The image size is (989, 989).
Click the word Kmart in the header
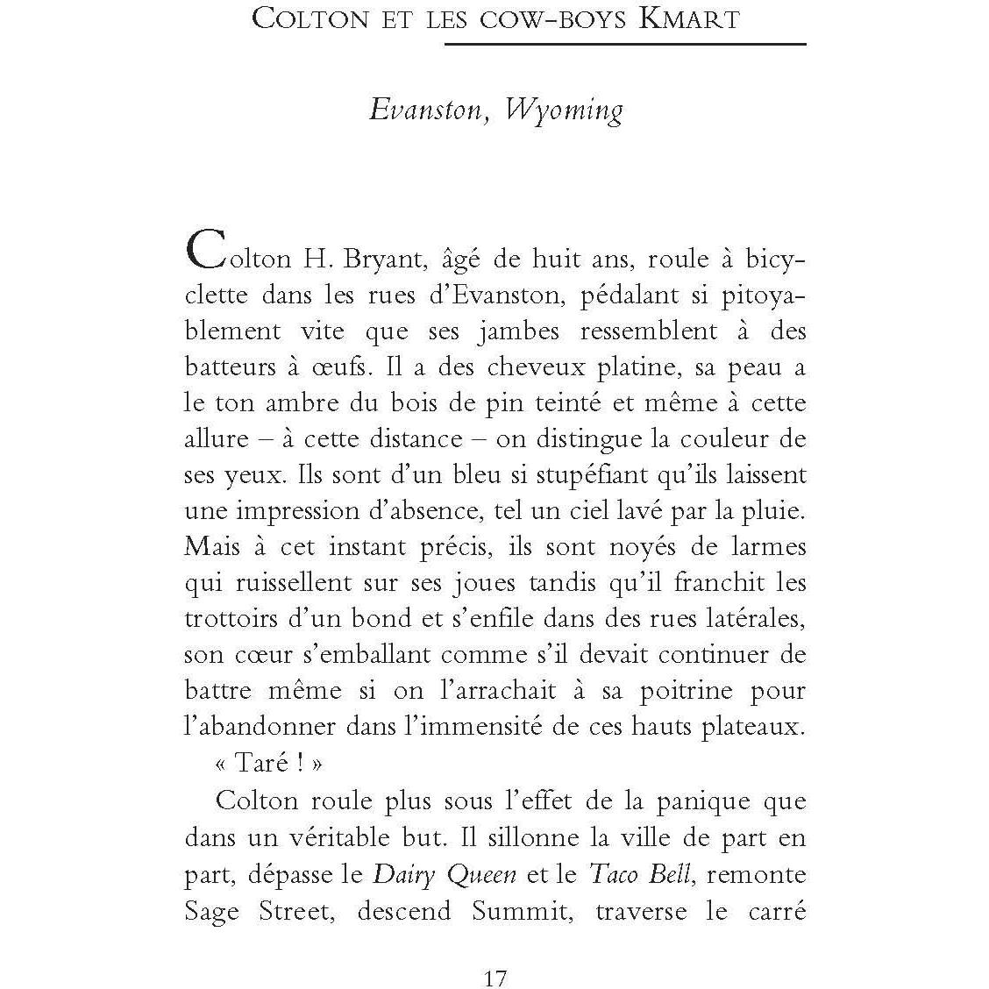(690, 18)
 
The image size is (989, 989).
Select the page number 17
(495, 953)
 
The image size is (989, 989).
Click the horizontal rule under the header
(624, 43)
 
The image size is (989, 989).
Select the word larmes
(765, 547)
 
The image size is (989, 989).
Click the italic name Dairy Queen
(445, 874)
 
